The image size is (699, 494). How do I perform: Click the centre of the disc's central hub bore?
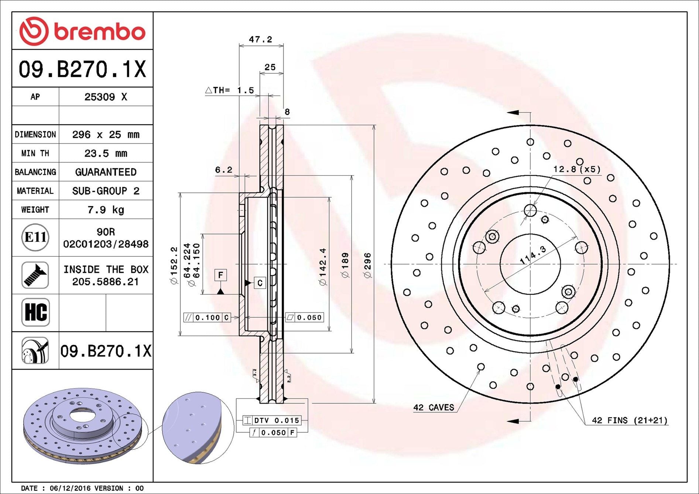tap(530, 264)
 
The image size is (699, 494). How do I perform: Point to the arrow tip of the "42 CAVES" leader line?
tap(480, 370)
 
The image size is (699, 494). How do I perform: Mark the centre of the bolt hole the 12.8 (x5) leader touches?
tap(530, 211)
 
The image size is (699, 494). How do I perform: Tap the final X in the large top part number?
tap(139, 69)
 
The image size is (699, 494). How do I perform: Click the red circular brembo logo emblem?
tap(34, 31)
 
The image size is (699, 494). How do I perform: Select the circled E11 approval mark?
tap(35, 237)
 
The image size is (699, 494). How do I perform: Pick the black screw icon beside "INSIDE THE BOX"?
tap(35, 275)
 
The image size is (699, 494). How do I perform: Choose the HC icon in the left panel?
tap(35, 312)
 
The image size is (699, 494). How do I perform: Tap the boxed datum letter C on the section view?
tap(260, 283)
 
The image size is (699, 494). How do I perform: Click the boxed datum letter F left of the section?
tap(220, 275)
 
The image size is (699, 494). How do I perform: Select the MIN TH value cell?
tap(106, 153)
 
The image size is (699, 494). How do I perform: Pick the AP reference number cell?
tap(106, 97)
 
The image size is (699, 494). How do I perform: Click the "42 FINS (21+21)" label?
tap(630, 420)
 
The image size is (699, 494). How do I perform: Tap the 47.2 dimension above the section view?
tap(260, 39)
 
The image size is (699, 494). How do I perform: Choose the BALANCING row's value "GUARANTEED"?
tap(106, 172)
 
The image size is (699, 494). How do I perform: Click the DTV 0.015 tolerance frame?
tap(272, 420)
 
